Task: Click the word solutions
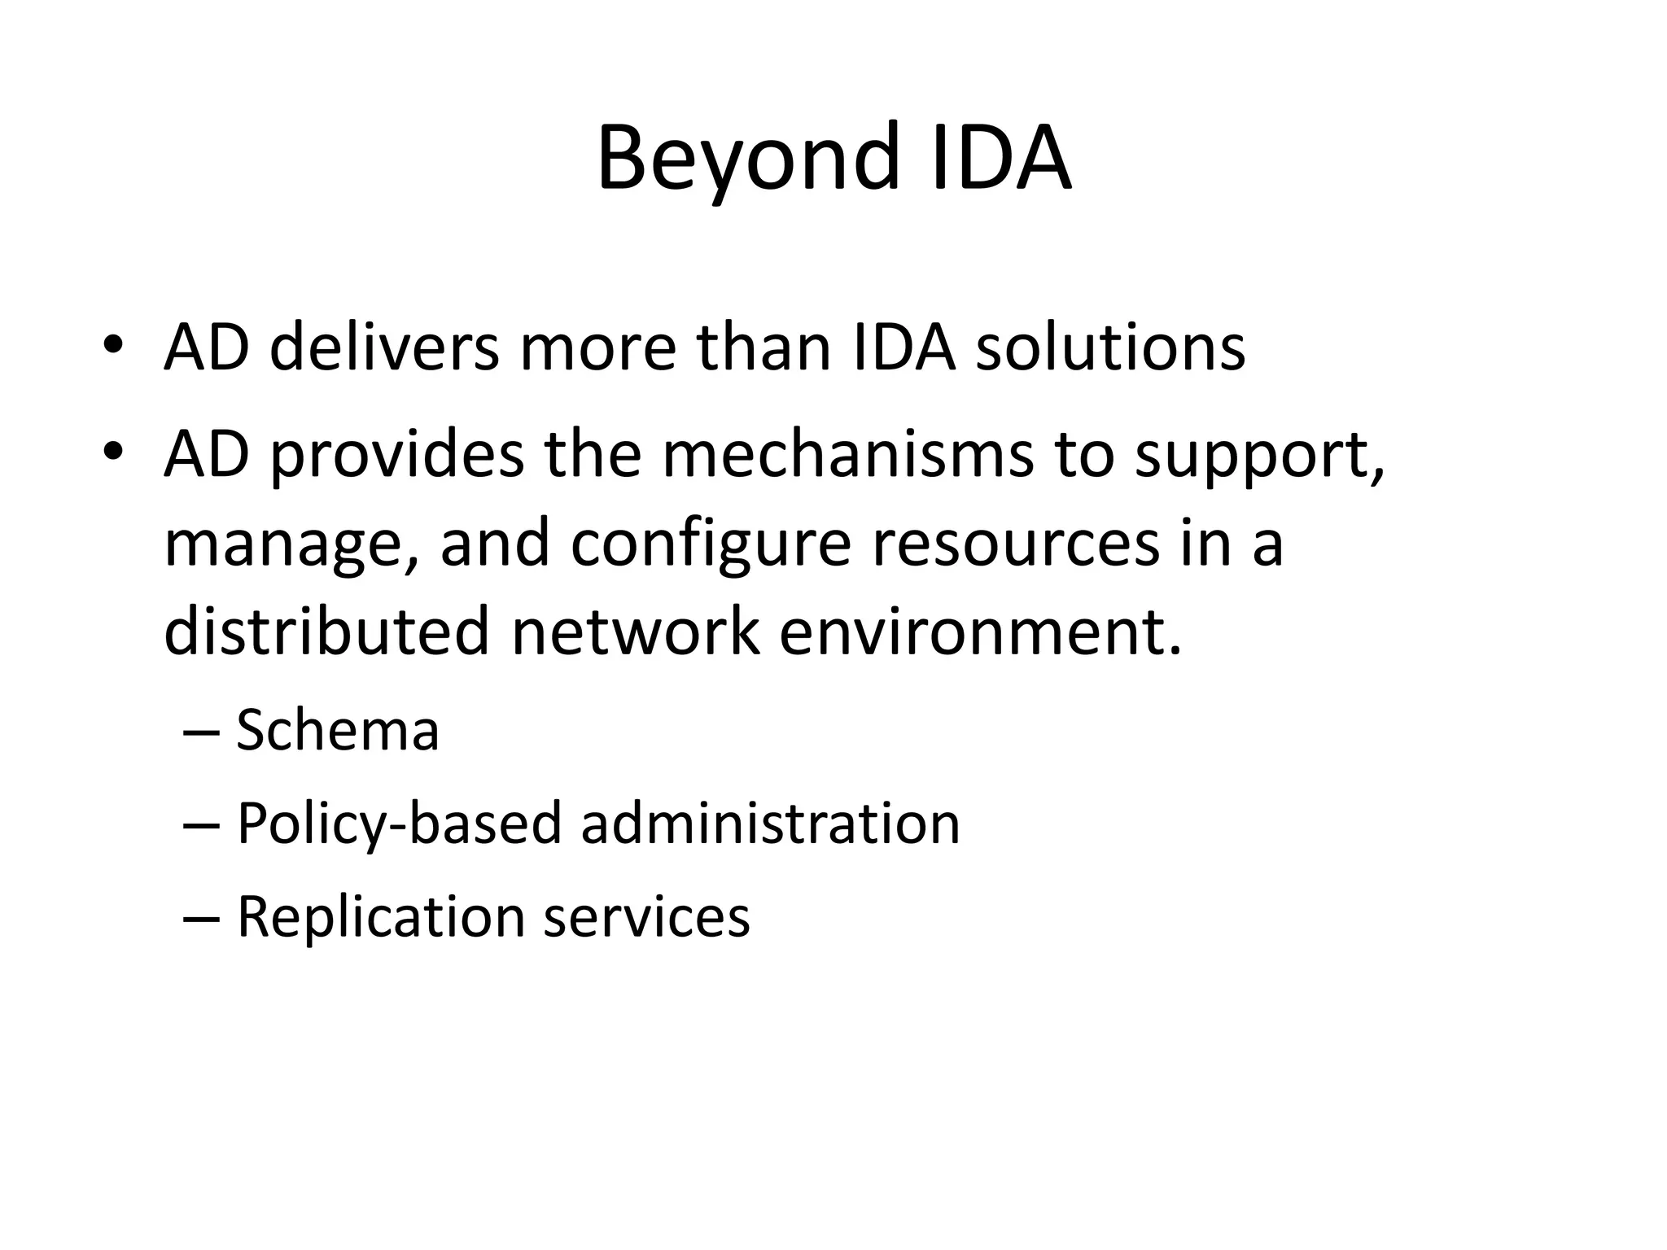1110,347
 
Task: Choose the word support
1259,456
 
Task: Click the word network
635,632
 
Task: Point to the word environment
979,632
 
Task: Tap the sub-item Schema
338,730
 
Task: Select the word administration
770,823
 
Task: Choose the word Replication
381,917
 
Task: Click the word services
646,916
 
